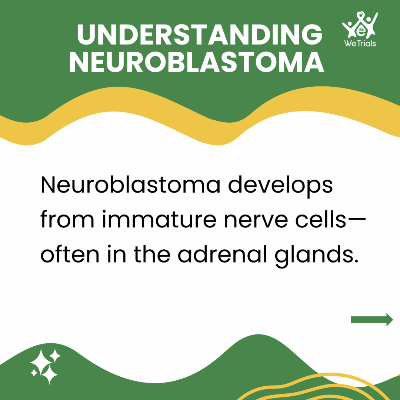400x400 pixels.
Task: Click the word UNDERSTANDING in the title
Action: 200,35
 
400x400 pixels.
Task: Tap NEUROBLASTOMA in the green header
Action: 197,63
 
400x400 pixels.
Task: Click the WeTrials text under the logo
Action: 360,43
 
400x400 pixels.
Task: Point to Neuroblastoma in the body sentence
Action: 130,185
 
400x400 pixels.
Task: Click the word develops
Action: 280,186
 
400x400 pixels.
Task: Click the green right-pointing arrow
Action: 372,319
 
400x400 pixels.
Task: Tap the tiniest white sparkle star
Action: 34,373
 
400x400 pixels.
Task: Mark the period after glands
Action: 356,261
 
